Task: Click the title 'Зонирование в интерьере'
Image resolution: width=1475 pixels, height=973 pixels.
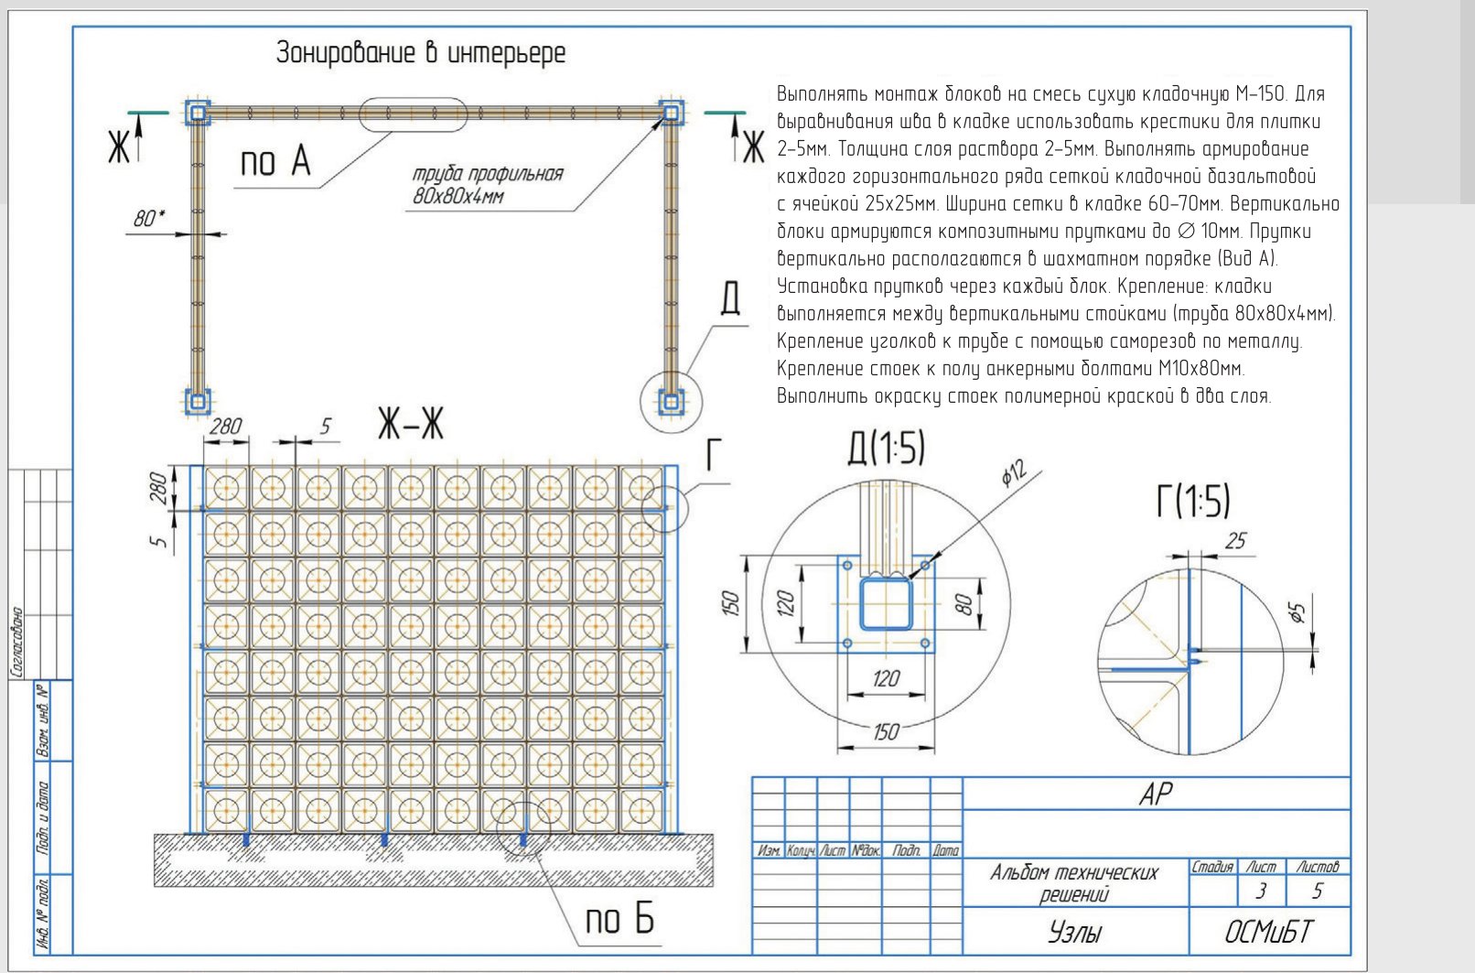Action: click(420, 53)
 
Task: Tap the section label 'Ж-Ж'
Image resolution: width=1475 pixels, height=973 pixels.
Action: click(411, 424)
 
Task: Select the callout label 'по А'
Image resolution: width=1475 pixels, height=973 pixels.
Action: click(275, 161)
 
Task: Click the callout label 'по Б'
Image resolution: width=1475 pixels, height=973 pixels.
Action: click(619, 919)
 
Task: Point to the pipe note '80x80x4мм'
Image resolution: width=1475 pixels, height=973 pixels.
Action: click(458, 196)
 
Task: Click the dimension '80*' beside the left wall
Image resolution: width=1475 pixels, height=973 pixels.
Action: click(149, 218)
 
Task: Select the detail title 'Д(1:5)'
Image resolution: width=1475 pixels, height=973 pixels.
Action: click(886, 449)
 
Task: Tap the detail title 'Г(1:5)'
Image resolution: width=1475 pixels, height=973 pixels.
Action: click(1193, 502)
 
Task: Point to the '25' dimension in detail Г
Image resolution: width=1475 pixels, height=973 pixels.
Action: click(1235, 541)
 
